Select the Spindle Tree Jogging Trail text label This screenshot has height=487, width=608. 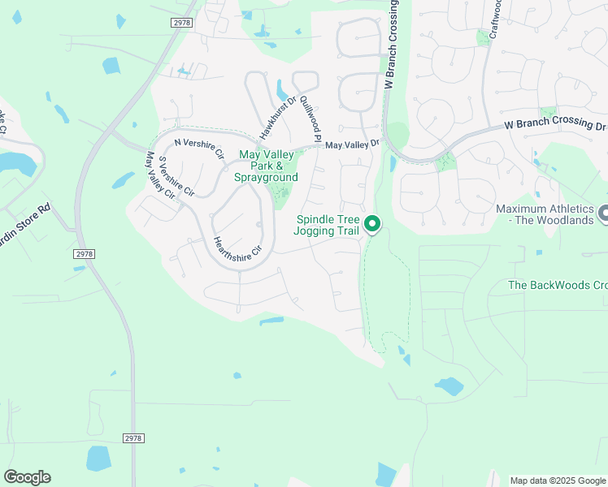328,225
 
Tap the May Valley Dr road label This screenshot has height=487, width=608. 352,144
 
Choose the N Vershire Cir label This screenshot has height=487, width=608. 198,141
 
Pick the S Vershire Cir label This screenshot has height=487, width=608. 176,177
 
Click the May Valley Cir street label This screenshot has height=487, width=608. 159,175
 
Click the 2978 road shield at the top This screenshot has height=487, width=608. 181,23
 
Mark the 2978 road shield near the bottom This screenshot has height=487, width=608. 134,438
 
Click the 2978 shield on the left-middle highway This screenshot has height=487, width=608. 84,254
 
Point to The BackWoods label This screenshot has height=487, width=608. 557,285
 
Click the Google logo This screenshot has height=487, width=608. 27,477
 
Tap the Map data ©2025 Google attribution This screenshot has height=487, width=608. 557,481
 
